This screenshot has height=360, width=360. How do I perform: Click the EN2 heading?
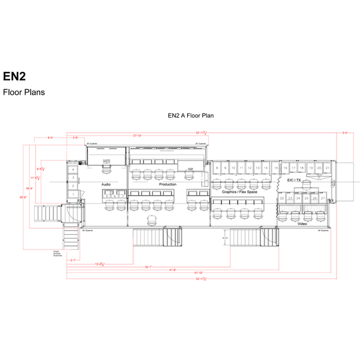14,77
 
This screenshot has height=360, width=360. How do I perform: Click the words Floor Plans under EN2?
24,92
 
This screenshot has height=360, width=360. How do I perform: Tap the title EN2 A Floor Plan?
191,115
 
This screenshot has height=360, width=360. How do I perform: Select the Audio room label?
106,184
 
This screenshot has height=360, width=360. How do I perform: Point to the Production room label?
167,184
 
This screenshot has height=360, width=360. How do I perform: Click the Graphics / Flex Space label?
239,191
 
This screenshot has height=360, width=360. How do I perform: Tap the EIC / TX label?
294,180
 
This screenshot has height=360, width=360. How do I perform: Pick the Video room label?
302,224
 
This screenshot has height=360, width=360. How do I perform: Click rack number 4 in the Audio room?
73,170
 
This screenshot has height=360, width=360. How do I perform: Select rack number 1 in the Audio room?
73,194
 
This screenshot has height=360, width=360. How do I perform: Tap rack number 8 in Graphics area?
216,168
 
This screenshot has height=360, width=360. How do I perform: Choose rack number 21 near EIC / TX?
328,168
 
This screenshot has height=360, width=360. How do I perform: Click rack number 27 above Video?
323,197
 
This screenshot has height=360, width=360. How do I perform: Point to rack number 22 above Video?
282,197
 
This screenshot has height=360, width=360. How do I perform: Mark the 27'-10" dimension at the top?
137,136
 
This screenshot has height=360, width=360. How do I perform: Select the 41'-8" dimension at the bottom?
173,269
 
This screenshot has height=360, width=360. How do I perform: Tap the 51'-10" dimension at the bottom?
198,274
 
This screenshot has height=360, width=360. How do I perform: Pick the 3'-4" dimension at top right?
344,133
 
